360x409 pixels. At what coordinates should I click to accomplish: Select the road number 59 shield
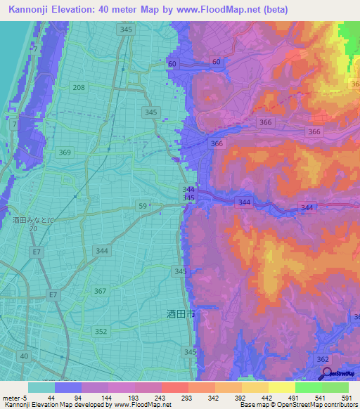(143, 206)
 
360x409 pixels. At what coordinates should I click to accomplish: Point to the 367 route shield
(101, 291)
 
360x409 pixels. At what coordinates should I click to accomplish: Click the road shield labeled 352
(102, 331)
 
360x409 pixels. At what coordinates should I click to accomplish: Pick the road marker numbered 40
(25, 356)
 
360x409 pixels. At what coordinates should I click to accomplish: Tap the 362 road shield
(323, 359)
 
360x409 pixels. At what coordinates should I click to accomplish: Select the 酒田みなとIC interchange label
(33, 220)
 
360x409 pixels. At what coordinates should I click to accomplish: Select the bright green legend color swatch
(309, 387)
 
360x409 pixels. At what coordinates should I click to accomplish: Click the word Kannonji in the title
(32, 9)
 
